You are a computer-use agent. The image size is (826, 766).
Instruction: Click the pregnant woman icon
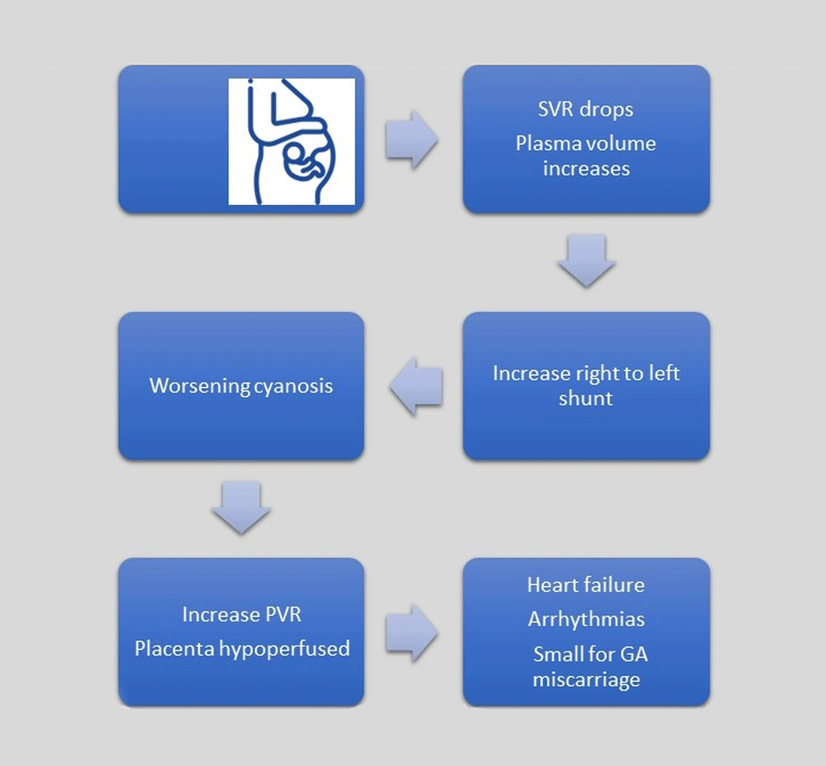[x=292, y=141]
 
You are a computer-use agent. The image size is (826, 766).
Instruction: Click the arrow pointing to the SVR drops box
[x=412, y=140]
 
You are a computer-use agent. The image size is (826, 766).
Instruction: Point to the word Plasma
[x=547, y=144]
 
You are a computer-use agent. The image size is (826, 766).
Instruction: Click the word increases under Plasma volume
[x=586, y=169]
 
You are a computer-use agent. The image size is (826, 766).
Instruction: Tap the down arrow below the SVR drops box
[x=586, y=260]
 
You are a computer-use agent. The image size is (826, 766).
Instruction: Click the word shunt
[x=586, y=399]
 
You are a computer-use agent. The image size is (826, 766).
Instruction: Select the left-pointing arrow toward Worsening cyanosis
[x=416, y=386]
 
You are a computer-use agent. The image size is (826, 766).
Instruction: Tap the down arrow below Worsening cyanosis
[x=241, y=508]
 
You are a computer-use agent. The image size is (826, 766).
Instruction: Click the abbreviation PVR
[x=282, y=615]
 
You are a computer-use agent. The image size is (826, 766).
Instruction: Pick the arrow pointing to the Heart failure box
[x=412, y=633]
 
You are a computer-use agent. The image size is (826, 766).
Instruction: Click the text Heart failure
[x=586, y=586]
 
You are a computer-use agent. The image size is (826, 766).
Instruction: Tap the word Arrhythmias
[x=586, y=620]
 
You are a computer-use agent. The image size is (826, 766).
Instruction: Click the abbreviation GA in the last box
[x=634, y=654]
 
